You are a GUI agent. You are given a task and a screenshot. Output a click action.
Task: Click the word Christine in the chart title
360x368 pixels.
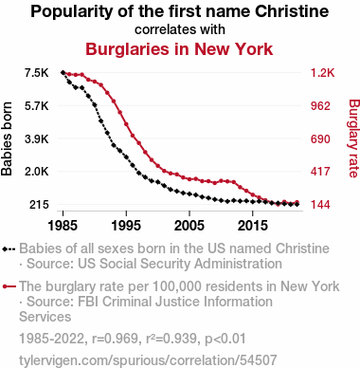point(292,11)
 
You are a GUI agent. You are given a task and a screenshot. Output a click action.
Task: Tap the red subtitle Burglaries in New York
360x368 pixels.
point(179,49)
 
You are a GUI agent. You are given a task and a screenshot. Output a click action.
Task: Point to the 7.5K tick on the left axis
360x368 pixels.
point(37,73)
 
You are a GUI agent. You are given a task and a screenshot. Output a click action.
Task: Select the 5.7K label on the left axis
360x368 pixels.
point(37,106)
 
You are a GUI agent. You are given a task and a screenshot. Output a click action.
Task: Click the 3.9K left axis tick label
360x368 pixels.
point(37,138)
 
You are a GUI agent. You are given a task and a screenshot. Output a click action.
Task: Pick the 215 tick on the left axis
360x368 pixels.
point(39,205)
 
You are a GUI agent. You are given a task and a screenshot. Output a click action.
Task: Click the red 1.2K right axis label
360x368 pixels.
point(322,73)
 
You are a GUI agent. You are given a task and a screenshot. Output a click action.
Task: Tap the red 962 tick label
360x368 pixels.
point(320,106)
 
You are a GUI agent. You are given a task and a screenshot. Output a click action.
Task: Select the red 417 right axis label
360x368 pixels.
point(320,172)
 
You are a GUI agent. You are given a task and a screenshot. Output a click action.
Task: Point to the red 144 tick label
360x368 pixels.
point(320,205)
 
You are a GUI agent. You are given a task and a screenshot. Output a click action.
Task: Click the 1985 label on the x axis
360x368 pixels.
point(63,226)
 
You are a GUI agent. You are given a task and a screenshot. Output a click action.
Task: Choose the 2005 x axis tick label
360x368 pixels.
point(189,226)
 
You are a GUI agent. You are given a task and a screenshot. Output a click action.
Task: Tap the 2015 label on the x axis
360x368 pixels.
point(252,226)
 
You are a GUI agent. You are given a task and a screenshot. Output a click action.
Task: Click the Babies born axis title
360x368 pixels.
point(7,138)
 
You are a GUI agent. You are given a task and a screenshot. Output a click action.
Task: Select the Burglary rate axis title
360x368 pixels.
point(353,138)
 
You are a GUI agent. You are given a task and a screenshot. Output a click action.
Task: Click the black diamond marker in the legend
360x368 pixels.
point(5,248)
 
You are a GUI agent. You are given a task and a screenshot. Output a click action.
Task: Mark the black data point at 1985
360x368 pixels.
point(63,72)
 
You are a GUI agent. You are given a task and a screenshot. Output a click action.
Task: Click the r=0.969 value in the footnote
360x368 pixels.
point(115,339)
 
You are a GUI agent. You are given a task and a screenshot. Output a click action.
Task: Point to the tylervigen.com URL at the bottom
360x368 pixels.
point(148,360)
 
